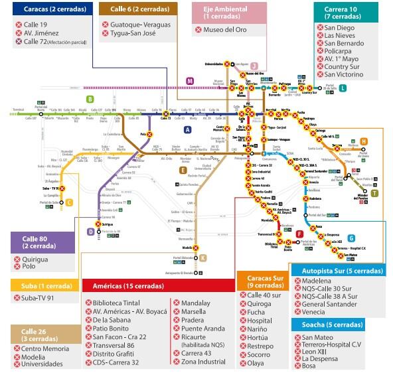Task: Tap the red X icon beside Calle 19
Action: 19,25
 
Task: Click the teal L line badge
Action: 343,87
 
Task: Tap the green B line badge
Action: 90,99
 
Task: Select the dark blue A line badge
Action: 188,129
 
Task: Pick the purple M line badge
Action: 190,81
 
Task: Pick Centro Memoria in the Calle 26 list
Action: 46,348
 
